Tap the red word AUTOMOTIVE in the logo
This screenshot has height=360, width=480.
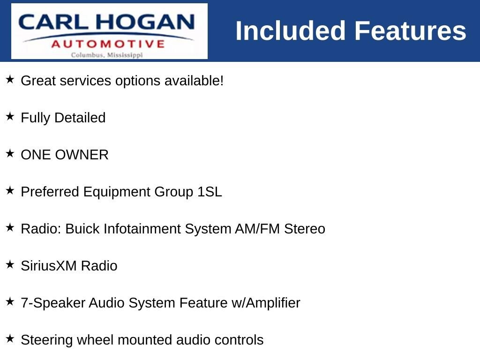[108, 44]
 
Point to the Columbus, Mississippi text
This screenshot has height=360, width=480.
[107, 55]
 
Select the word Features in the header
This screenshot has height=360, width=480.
[410, 30]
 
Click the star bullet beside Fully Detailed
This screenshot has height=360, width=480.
[10, 116]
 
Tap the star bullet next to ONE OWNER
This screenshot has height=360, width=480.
[10, 153]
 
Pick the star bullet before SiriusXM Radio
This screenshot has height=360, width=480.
[10, 264]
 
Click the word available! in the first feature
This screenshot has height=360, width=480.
[194, 81]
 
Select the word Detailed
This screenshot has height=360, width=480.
[80, 118]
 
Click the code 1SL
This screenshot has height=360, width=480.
[210, 192]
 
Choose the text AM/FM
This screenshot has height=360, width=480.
[257, 229]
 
